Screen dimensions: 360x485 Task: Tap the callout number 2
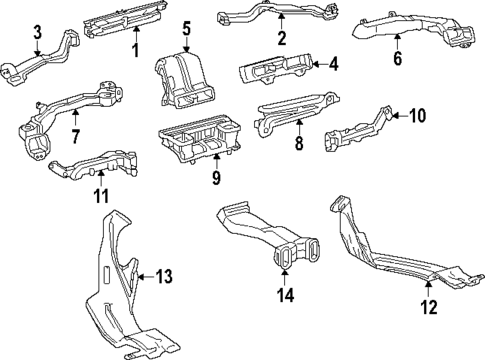(283, 39)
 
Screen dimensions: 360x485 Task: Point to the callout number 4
(333, 65)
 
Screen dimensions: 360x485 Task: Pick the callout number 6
(397, 58)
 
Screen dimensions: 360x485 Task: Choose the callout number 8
(298, 144)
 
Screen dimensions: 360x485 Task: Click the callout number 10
(417, 116)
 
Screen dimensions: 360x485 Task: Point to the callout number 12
(428, 308)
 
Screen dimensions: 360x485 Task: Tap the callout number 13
(165, 276)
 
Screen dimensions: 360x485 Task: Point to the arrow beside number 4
(315, 65)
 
